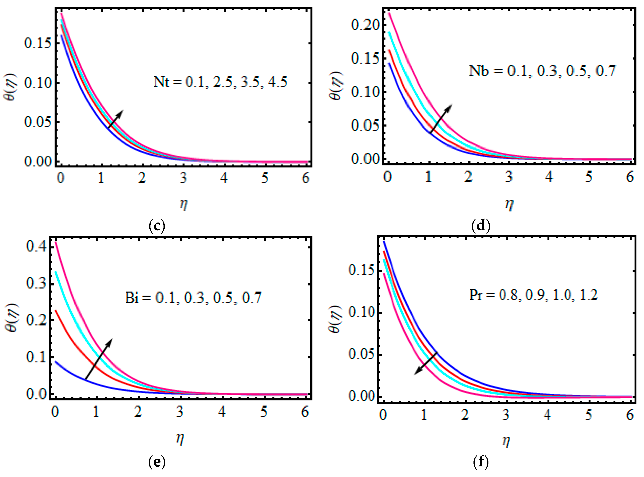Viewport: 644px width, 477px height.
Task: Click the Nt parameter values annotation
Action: click(x=220, y=82)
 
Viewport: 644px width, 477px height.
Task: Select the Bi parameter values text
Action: click(x=193, y=297)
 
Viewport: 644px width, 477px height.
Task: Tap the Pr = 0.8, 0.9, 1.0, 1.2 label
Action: click(x=533, y=295)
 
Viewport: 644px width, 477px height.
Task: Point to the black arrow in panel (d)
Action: click(x=441, y=119)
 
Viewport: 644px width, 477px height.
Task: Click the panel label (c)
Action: click(x=156, y=226)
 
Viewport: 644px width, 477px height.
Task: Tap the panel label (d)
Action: click(x=481, y=226)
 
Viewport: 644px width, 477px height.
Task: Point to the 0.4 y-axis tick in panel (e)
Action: click(x=36, y=247)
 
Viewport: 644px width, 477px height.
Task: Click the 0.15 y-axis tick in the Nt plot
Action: click(x=38, y=44)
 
